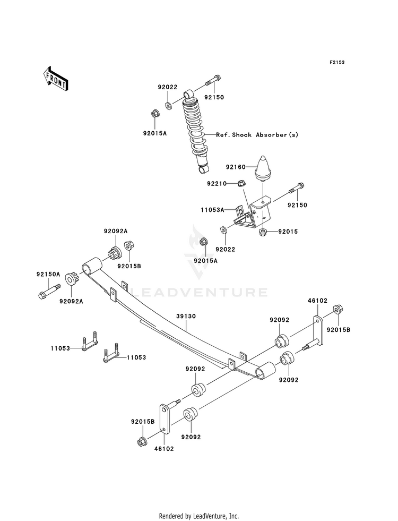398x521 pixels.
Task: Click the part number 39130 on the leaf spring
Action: pos(186,317)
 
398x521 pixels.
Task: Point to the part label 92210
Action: pos(217,183)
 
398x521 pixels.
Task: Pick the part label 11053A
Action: pos(212,210)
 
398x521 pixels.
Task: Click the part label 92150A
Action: pos(48,274)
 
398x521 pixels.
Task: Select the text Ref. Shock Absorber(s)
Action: pos(257,134)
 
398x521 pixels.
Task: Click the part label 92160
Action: pos(236,167)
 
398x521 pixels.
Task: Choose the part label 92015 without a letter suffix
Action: pos(288,232)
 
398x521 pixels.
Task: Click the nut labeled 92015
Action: pos(263,232)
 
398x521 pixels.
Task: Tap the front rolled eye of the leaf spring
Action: pos(92,266)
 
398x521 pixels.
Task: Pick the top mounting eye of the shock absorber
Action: pos(189,94)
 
